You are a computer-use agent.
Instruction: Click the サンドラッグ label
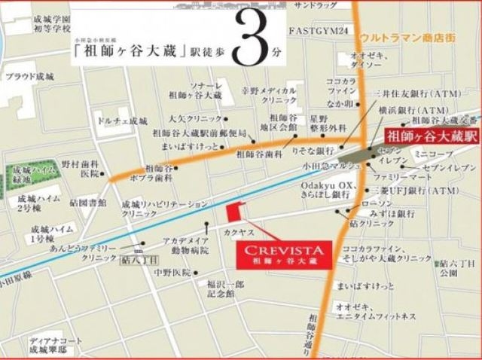tap(315, 5)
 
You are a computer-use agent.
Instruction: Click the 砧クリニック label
tap(372, 224)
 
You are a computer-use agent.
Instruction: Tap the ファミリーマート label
tap(397, 175)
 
